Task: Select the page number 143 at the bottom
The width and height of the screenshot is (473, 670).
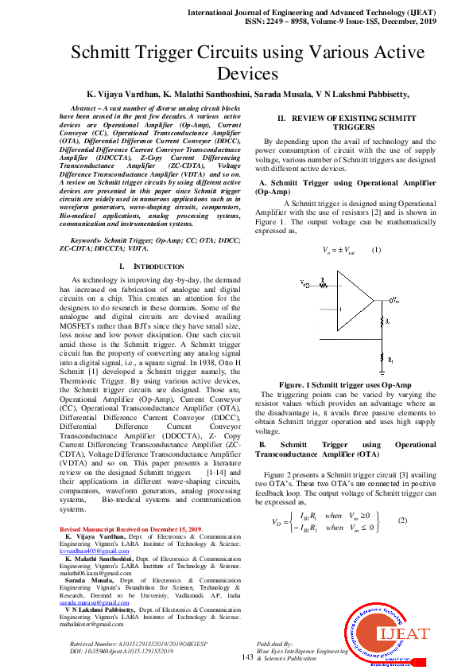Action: (247, 657)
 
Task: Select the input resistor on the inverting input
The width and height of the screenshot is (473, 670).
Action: (323, 282)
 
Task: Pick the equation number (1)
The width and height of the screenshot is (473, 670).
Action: (377, 250)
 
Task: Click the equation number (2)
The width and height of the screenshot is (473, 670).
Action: (402, 520)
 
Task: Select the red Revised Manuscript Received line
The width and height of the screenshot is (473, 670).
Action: (131, 529)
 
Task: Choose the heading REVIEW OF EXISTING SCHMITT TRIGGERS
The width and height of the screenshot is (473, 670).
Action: (343, 122)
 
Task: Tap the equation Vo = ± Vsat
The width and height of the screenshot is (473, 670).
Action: (339, 250)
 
